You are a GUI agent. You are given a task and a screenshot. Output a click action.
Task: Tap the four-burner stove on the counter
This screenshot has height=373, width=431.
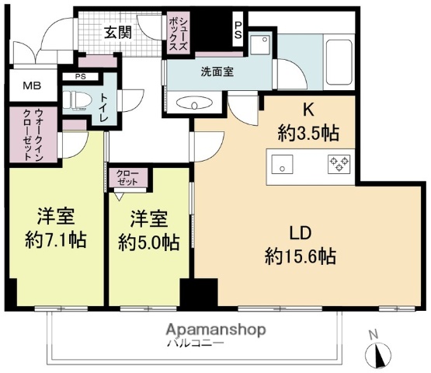click(339, 164)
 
